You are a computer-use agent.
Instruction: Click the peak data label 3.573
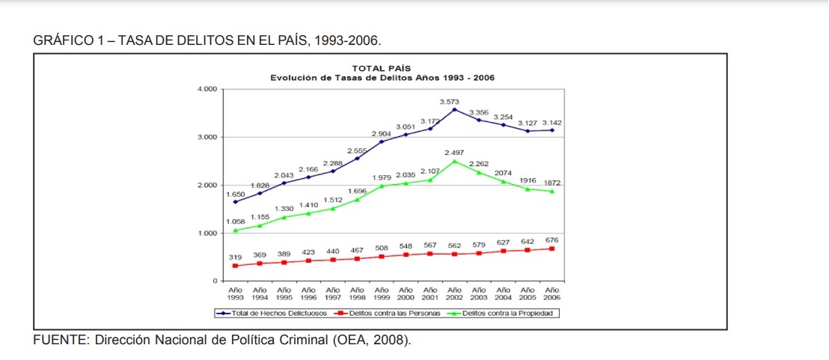pyautogui.click(x=450, y=101)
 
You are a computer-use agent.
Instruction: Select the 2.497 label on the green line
pyautogui.click(x=454, y=152)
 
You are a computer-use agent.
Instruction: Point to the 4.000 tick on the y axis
pyautogui.click(x=207, y=89)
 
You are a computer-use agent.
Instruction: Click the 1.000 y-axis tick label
pyautogui.click(x=207, y=233)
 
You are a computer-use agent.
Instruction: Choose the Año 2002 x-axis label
pyautogui.click(x=454, y=293)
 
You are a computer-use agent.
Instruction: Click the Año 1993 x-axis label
pyautogui.click(x=236, y=293)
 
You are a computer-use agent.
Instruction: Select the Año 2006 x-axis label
pyautogui.click(x=552, y=293)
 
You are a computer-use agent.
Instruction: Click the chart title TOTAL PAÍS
pyautogui.click(x=382, y=69)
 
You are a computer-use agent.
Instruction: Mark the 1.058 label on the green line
pyautogui.click(x=236, y=222)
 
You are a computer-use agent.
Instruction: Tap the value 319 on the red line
pyautogui.click(x=236, y=257)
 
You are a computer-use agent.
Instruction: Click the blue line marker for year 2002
pyautogui.click(x=454, y=110)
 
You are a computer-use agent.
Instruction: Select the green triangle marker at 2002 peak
pyautogui.click(x=454, y=161)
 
